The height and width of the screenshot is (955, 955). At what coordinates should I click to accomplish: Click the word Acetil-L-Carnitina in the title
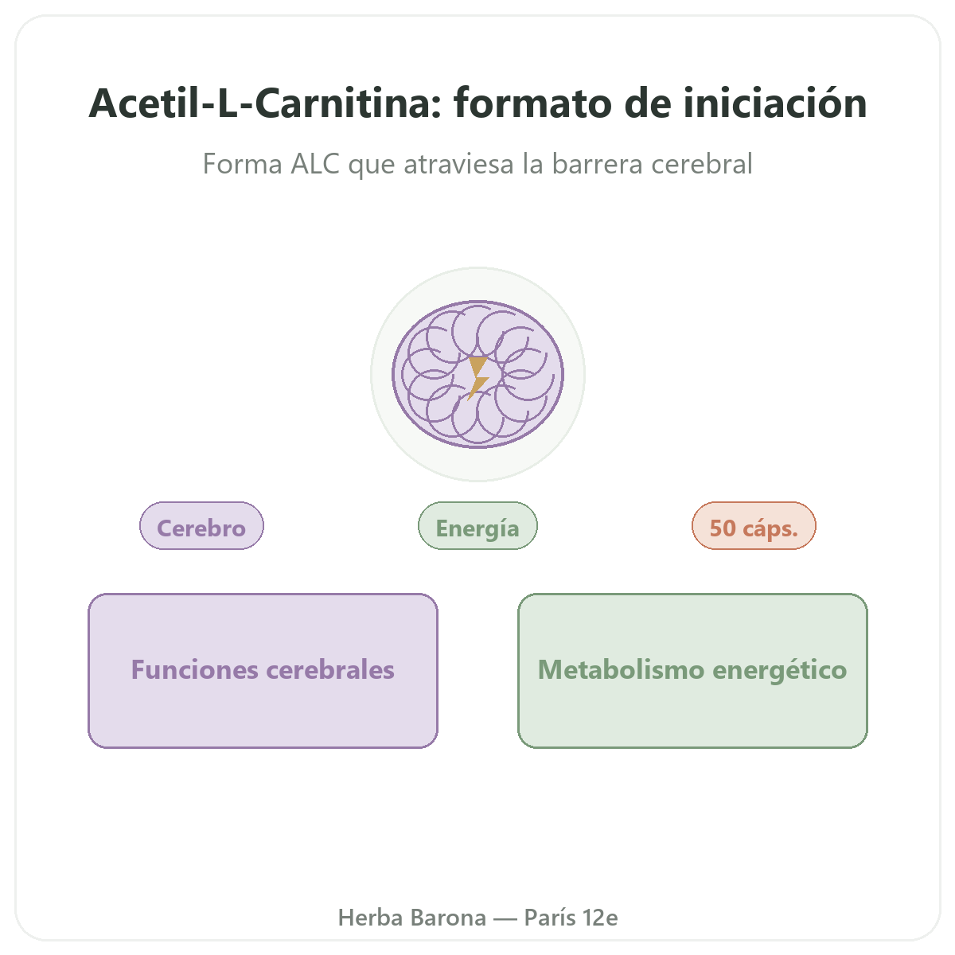(265, 103)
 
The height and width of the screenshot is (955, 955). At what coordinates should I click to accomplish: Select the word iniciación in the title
(775, 103)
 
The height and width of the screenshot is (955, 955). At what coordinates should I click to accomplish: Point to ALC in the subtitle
(314, 164)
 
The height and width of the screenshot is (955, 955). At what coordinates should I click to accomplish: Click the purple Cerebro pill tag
(201, 526)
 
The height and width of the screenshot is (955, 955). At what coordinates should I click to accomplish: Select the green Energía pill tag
(477, 526)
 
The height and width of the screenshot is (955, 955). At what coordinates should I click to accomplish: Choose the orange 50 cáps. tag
(754, 526)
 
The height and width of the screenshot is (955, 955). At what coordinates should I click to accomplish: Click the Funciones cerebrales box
(263, 671)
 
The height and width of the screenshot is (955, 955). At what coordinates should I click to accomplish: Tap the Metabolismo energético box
(692, 671)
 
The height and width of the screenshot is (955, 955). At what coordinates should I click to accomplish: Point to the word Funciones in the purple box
(195, 669)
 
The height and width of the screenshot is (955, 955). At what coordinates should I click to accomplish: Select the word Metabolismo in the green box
(622, 669)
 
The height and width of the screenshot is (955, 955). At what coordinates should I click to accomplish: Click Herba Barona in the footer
(411, 918)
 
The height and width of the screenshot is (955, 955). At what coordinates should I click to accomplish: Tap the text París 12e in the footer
(571, 918)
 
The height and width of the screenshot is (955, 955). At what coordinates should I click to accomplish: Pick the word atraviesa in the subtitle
(458, 164)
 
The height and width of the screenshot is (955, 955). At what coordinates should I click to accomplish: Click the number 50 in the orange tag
(723, 528)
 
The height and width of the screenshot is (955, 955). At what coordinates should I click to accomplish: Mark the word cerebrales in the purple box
(330, 669)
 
